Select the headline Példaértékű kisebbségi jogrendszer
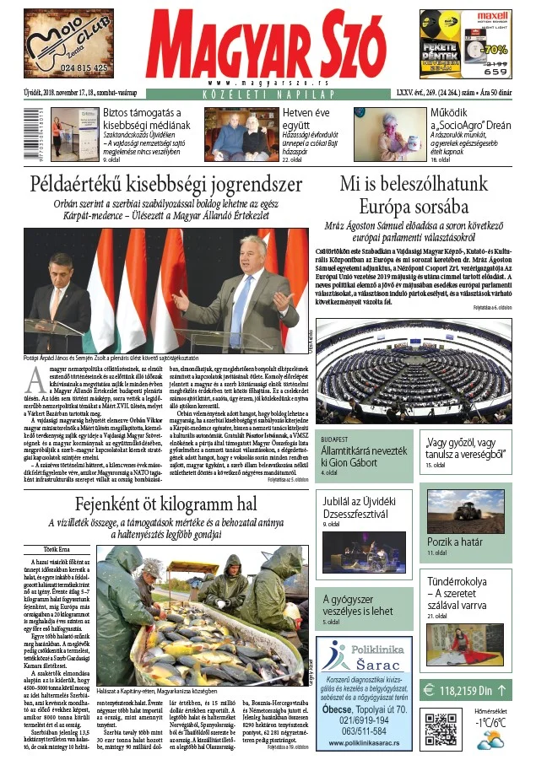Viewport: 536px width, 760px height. [166, 183]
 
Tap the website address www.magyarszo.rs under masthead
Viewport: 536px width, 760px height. [269, 83]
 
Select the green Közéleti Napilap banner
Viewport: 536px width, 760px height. [269, 94]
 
